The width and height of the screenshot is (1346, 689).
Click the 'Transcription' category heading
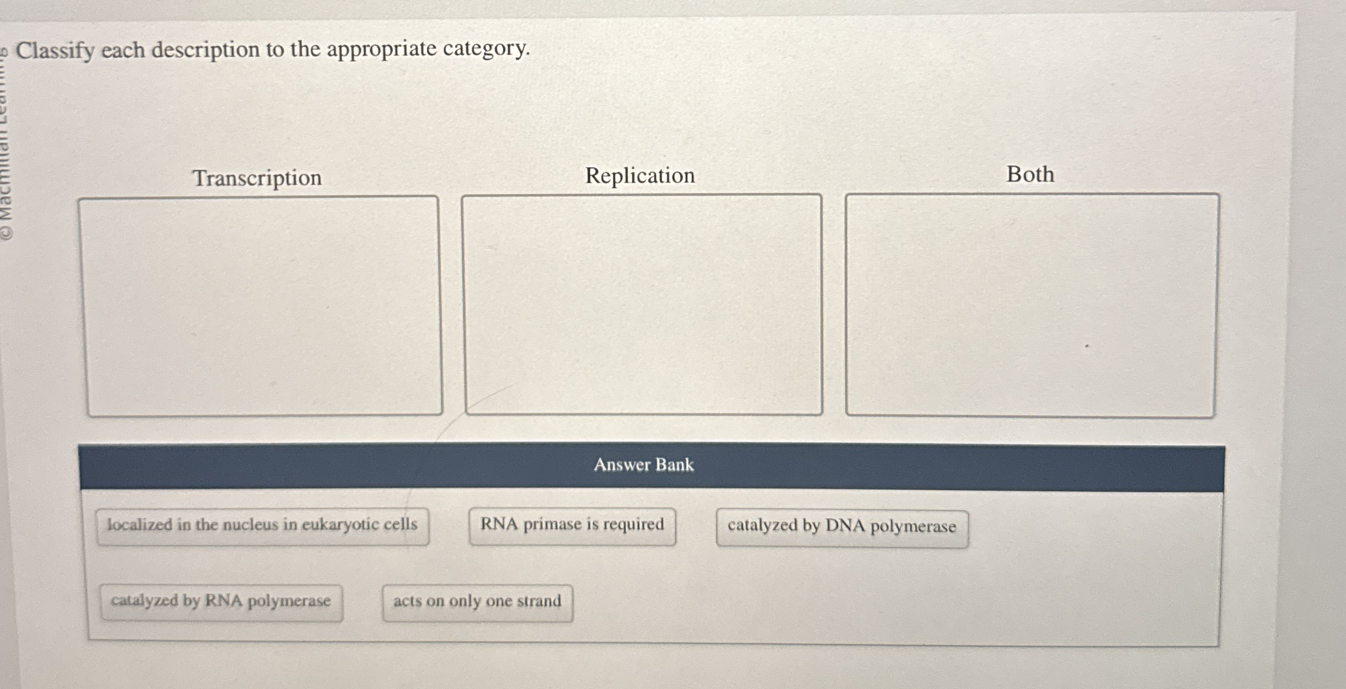257,178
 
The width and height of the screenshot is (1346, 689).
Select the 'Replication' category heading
640,175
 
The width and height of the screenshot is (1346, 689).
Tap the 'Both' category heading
1030,174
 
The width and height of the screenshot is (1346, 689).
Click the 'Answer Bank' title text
643,465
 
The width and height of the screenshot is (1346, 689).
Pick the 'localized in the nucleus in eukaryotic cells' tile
262,525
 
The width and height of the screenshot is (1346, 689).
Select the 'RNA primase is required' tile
572,525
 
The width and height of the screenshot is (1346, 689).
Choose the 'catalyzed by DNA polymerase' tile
842,526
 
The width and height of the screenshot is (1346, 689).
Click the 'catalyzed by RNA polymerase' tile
221,601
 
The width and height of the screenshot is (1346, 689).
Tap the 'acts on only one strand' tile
477,601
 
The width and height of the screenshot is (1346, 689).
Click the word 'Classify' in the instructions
55,51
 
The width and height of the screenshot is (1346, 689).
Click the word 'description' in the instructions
205,50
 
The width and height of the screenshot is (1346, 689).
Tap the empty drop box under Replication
643,304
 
